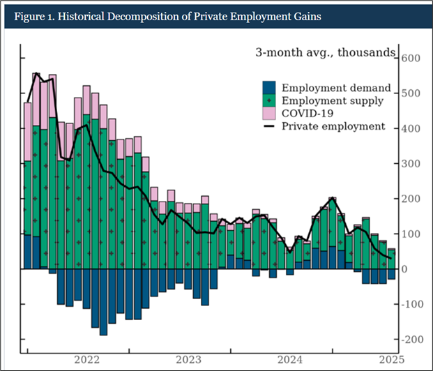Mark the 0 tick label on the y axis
click(x=404, y=269)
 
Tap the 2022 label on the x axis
click(x=88, y=360)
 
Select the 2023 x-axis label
click(x=188, y=360)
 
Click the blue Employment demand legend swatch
click(x=268, y=89)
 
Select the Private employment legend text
click(x=333, y=126)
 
